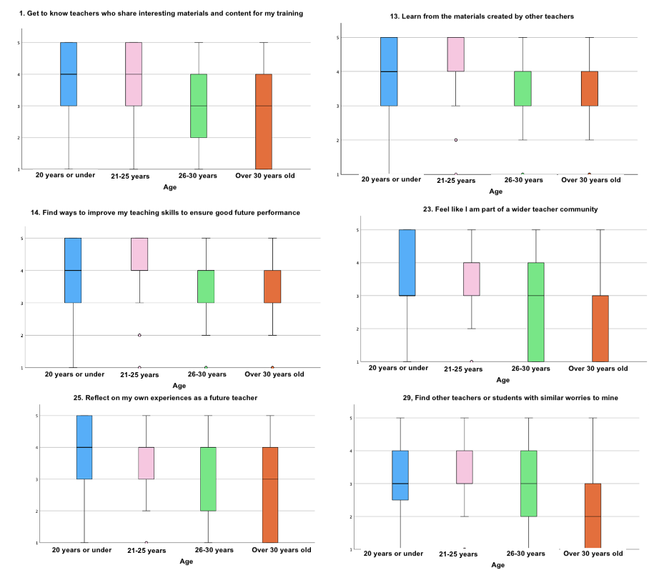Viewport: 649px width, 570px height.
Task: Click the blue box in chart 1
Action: tap(69, 74)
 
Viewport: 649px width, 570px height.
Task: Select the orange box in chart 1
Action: tap(263, 121)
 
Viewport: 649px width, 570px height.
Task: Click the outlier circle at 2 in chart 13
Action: tap(456, 140)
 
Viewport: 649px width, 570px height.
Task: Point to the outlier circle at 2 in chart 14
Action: tap(139, 335)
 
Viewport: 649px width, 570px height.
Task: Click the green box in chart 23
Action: tap(535, 312)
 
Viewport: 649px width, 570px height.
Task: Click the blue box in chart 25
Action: tap(84, 447)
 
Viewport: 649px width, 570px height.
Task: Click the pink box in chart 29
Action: tap(465, 467)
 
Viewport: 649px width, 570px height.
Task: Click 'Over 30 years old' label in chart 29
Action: tap(593, 554)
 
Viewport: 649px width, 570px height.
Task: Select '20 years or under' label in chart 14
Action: tap(74, 374)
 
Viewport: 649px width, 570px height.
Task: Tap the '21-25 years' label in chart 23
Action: tap(463, 369)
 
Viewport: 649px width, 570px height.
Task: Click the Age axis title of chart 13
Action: tap(495, 191)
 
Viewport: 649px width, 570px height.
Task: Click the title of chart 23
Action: tap(510, 209)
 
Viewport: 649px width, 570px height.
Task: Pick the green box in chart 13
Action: tap(523, 89)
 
